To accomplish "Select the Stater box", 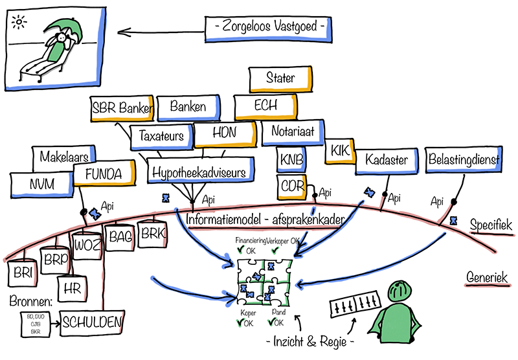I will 281,78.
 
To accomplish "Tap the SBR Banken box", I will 122,107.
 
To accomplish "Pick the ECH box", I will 265,106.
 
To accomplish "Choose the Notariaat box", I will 292,132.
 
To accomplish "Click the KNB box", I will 291,159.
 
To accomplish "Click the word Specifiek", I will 491,225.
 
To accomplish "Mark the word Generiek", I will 486,278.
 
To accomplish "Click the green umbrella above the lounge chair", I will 65,29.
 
